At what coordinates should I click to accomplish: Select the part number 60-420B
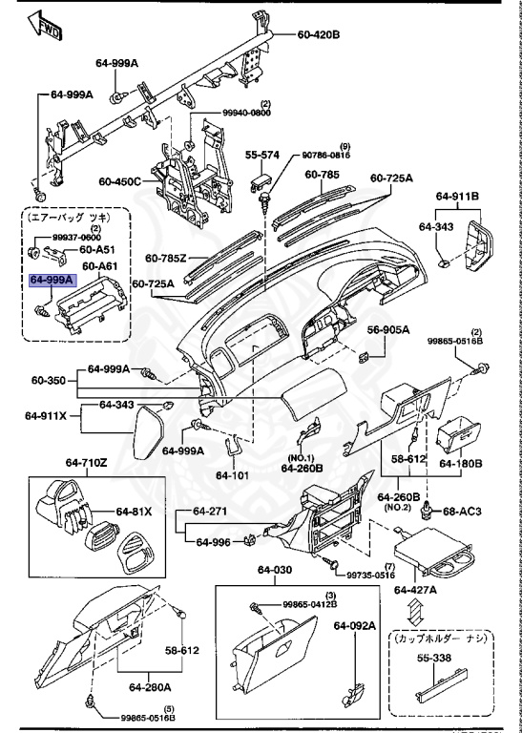(319, 35)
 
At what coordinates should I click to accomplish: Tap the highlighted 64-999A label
(49, 282)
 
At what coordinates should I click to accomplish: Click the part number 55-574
(261, 154)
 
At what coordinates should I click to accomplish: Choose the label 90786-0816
(327, 154)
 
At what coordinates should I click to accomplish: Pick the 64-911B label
(458, 197)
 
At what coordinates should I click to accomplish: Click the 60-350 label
(48, 380)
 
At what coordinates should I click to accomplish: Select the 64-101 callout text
(230, 474)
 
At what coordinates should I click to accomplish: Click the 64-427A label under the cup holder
(417, 589)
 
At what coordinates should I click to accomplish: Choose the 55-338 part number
(431, 659)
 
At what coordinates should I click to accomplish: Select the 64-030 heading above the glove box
(274, 571)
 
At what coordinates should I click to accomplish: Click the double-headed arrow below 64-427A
(416, 612)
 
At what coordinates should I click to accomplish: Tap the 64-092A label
(355, 626)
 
